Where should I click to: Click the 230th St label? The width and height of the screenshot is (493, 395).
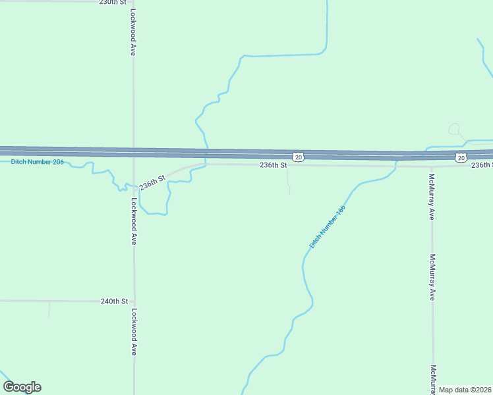coord(112,3)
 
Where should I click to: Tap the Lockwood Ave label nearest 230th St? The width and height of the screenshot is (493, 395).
coord(133,32)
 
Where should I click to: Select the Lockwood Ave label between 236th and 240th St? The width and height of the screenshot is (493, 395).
coord(133,222)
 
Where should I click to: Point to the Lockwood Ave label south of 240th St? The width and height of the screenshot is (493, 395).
coord(133,332)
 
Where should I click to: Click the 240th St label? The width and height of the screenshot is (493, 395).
coord(114,301)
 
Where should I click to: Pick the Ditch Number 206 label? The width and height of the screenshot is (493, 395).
coord(38,162)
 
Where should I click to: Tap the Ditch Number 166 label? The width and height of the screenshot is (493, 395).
coord(328,226)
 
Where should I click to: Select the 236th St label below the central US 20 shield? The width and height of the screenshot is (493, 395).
coord(273,165)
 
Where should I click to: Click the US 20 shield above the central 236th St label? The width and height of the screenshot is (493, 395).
coord(299,157)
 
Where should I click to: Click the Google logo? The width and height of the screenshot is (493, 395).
coord(22,387)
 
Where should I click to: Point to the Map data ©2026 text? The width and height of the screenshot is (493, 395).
coord(465,390)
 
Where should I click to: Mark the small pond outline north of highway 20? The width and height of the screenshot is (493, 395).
coord(454,129)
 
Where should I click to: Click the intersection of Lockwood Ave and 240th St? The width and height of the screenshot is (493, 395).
coord(134,301)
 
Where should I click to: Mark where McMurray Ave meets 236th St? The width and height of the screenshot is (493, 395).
coord(432,166)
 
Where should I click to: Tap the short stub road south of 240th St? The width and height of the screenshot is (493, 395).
coord(49,309)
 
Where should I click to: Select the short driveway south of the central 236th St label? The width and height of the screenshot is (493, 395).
coord(288,179)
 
